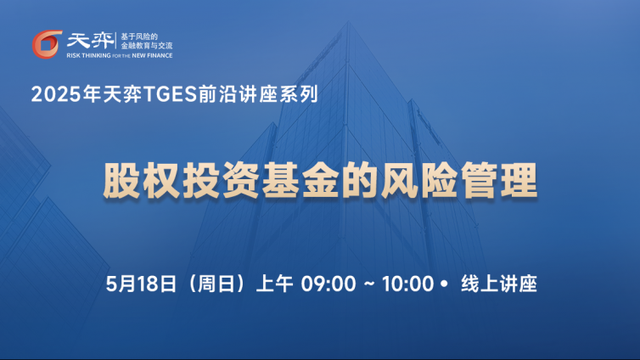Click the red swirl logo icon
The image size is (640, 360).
click(47, 44)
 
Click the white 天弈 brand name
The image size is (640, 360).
click(91, 41)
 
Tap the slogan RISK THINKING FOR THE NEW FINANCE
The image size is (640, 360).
click(120, 55)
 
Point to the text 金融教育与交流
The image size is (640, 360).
click(147, 46)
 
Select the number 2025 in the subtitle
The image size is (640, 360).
click(56, 94)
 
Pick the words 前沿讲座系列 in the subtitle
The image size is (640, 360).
click(258, 94)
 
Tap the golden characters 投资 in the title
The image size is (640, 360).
click(221, 180)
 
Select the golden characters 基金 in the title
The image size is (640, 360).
click(300, 180)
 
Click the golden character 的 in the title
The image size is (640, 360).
click(360, 180)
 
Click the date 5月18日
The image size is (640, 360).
click(141, 284)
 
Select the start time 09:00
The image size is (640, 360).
click(328, 284)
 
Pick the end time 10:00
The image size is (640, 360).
click(407, 284)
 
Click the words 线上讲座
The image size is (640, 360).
click(499, 284)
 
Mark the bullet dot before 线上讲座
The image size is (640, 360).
click(445, 283)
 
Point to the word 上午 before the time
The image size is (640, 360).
click(275, 284)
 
